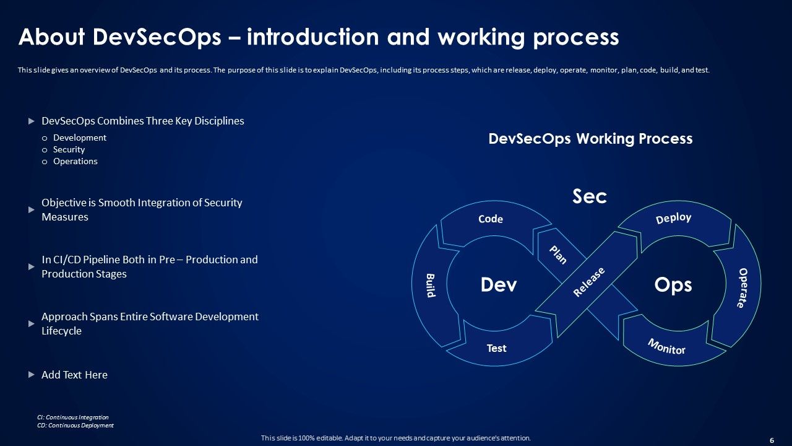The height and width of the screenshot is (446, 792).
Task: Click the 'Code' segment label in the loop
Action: coord(491,219)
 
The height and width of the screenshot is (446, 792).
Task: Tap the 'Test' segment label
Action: coord(496,348)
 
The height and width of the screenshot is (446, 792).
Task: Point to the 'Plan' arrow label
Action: coord(558,255)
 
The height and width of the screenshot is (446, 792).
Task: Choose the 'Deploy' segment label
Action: coord(673,219)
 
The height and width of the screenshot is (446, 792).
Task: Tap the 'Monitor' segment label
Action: coord(666,346)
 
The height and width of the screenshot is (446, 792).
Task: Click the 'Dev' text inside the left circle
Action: coord(499,285)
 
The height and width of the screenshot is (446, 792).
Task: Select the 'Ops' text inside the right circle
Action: coord(673,285)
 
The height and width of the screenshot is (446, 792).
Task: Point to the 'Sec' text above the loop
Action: coord(589,196)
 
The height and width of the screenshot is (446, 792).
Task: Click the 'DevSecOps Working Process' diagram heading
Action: coord(590,139)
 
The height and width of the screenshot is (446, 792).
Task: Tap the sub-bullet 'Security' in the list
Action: coord(69,149)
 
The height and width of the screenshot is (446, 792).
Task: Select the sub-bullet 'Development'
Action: coord(79,138)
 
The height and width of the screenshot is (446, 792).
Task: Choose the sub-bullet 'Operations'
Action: coord(75,161)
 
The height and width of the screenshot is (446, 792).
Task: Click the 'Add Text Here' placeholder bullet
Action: coord(74,375)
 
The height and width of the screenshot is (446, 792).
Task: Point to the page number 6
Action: coord(772,440)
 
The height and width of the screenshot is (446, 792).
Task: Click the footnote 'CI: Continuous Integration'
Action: coord(73,418)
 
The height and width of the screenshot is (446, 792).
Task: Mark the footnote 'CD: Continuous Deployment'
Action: coord(75,426)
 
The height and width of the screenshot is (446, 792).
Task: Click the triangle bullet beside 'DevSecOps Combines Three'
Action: coord(32,121)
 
